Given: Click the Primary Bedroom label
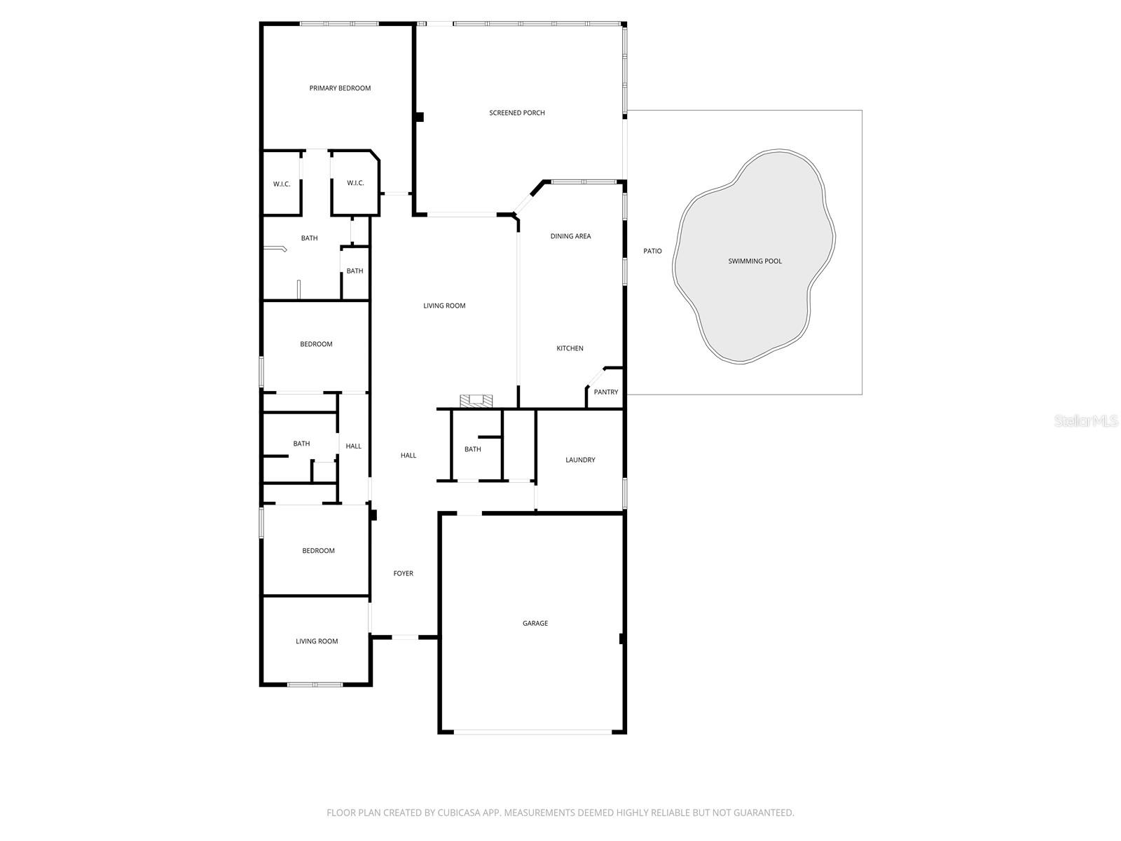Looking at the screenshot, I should pos(340,88).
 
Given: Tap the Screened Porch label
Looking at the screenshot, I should pos(516,113).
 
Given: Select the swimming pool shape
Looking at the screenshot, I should pos(754,261).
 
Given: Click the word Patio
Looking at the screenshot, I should pos(652,251).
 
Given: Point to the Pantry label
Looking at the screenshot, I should pos(605,392).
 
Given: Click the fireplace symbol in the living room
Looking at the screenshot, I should pos(476,401).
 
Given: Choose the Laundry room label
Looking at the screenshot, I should pos(580,460).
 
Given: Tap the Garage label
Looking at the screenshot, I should pos(535,623).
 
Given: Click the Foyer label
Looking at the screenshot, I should pos(403,573).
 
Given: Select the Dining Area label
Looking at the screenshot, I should pos(570,236).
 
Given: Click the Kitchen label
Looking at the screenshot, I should pos(570,348).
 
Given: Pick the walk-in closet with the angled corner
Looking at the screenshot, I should pos(355,184).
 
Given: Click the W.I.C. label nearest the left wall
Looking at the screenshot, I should pos(282,184).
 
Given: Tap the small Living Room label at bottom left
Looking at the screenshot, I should pos(317,641).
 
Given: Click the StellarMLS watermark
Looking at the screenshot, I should pos(1085,421).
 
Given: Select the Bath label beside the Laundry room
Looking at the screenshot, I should pos(472,449).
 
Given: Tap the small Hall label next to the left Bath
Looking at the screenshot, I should pos(353,446).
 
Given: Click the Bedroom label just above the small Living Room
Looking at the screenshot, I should pos(318,551).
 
